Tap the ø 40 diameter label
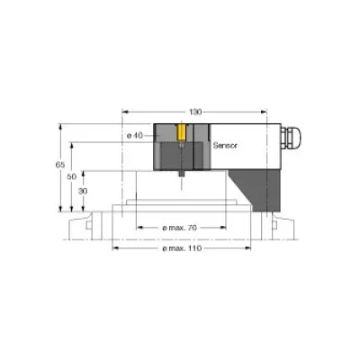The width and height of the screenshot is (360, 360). [132, 135]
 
